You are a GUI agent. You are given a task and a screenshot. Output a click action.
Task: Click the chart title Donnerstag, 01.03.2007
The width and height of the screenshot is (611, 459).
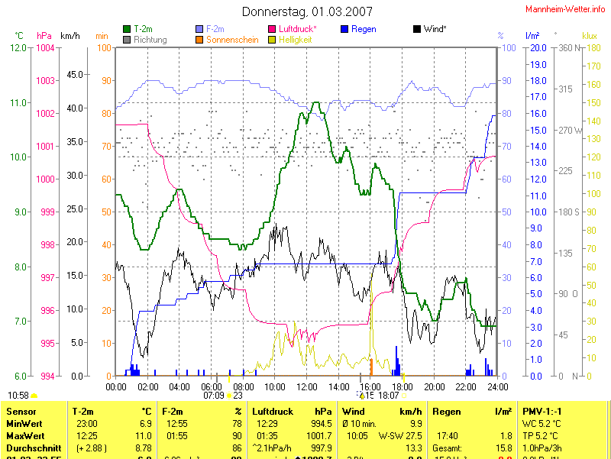point(308,11)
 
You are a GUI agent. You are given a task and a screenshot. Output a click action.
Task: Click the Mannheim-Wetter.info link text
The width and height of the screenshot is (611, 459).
point(566,8)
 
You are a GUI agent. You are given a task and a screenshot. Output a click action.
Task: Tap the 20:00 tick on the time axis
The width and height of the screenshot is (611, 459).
point(434,386)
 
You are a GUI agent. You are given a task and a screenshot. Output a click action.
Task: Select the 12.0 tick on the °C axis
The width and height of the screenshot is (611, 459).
point(19,48)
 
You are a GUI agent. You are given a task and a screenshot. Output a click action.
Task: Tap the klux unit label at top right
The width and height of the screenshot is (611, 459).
point(589,36)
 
